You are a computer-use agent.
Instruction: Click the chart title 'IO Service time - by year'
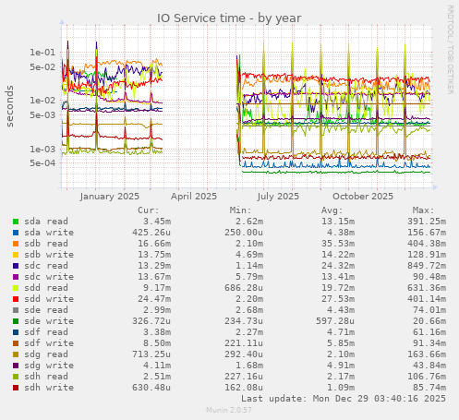coord(229,17)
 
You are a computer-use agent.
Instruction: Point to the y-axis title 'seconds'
coord(11,107)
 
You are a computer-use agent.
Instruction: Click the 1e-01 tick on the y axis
coord(42,53)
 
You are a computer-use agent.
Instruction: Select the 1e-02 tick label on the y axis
coord(42,101)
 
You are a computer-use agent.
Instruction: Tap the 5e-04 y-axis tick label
coord(42,163)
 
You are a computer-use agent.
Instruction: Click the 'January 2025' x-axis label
coord(109,196)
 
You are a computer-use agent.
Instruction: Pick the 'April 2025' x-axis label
coord(194,196)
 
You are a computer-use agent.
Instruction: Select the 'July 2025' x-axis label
coord(278,196)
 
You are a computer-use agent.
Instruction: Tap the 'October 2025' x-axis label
coord(363,196)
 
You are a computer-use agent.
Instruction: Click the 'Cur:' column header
coord(148,210)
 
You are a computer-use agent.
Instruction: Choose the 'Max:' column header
coord(424,210)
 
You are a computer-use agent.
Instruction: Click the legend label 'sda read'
coord(45,222)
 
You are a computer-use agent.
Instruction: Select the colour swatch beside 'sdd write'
coord(16,299)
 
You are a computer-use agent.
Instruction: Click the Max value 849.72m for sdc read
coord(424,266)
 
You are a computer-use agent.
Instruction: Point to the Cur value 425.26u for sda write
coord(148,233)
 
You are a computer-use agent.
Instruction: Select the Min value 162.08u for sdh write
coord(241,387)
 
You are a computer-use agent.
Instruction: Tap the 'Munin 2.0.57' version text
coord(229,410)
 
